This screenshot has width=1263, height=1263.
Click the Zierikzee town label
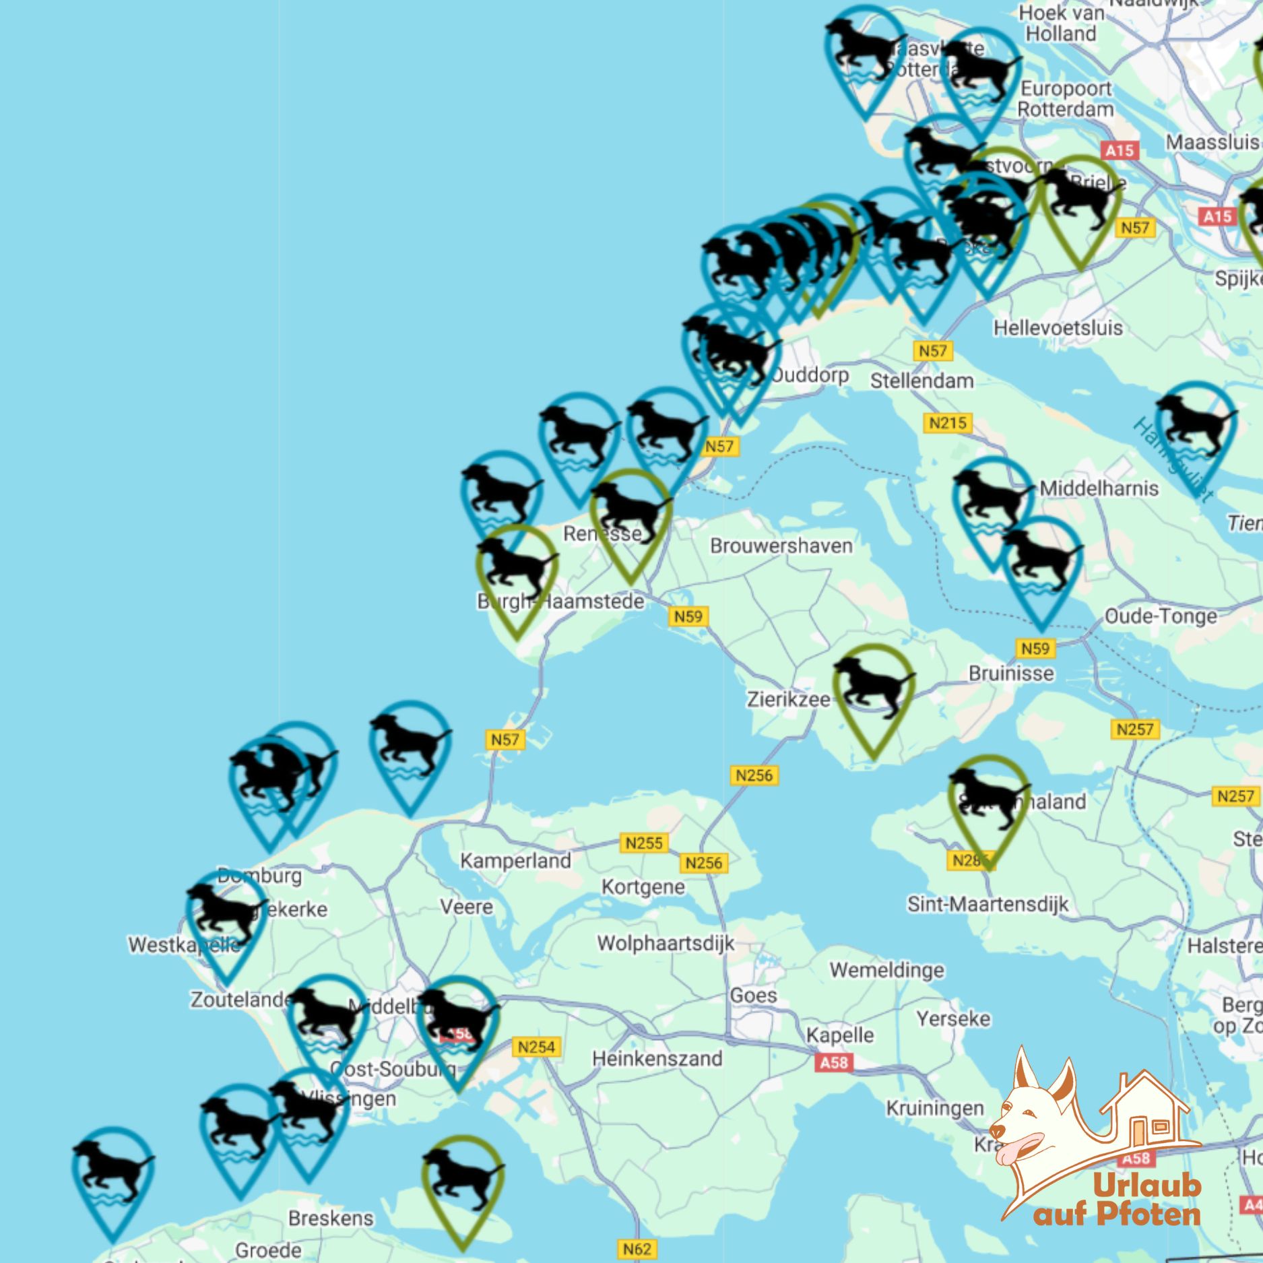[787, 700]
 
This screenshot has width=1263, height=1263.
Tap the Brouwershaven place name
[781, 546]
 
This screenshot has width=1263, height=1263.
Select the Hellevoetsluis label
[1058, 328]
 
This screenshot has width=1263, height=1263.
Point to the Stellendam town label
[921, 381]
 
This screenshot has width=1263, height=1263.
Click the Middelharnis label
[1099, 488]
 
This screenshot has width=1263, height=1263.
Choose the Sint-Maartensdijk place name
[987, 904]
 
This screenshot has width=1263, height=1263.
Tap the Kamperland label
[515, 861]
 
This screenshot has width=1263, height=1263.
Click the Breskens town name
[330, 1218]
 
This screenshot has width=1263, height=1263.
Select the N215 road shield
[947, 423]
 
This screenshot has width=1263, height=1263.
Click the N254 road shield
[536, 1047]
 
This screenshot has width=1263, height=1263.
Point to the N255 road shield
[644, 843]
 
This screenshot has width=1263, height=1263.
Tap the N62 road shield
[637, 1250]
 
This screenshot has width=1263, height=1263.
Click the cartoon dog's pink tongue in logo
[1017, 1148]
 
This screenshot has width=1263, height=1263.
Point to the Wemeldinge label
[886, 970]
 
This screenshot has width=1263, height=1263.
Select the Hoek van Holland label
[1061, 23]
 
